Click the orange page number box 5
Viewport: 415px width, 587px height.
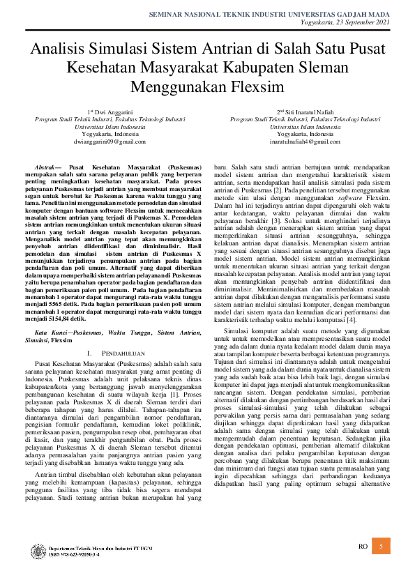coord(381,547)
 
